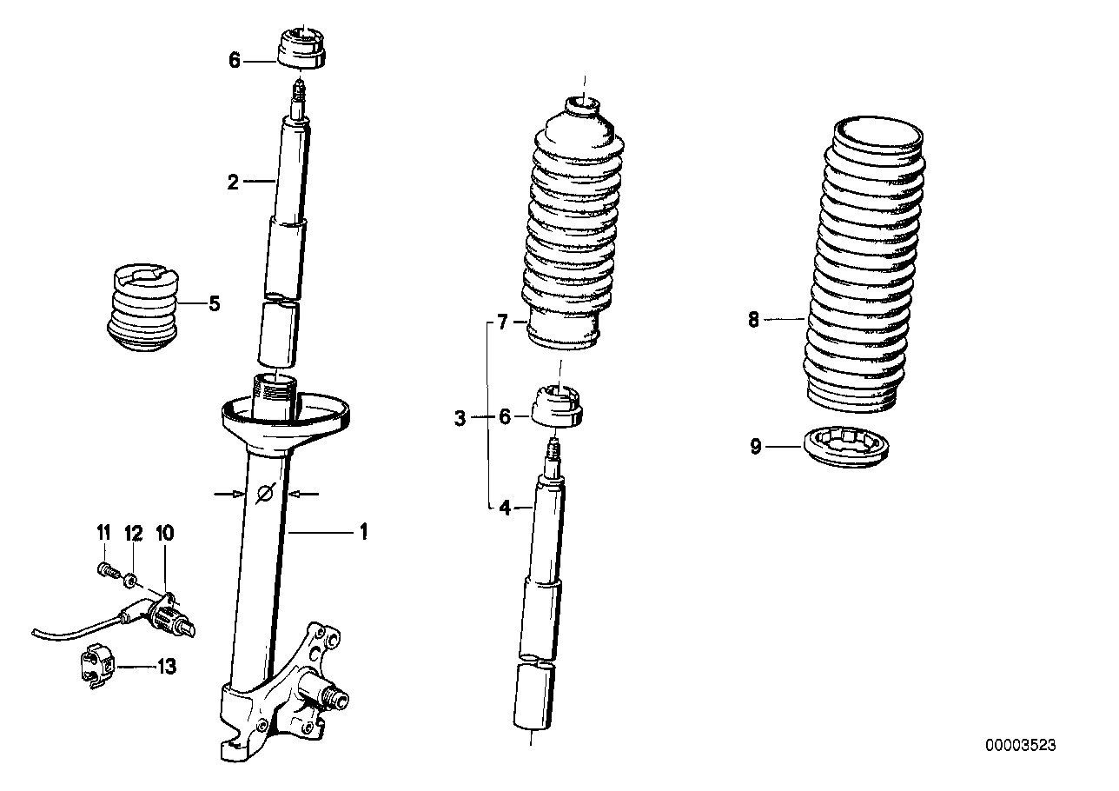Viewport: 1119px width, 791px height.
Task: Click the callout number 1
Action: coord(363,530)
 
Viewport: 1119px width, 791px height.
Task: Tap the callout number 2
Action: coord(233,182)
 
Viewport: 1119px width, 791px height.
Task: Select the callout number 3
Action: coord(460,419)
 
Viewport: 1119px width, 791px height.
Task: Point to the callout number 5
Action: coord(214,304)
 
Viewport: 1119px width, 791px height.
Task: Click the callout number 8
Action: coord(753,320)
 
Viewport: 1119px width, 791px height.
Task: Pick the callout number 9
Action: coord(756,447)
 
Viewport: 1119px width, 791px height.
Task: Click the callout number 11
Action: coord(103,531)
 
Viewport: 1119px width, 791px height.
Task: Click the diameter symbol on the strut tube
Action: coord(267,494)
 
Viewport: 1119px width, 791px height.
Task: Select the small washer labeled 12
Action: coord(131,576)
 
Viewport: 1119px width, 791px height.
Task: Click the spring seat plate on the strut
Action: coord(287,413)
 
